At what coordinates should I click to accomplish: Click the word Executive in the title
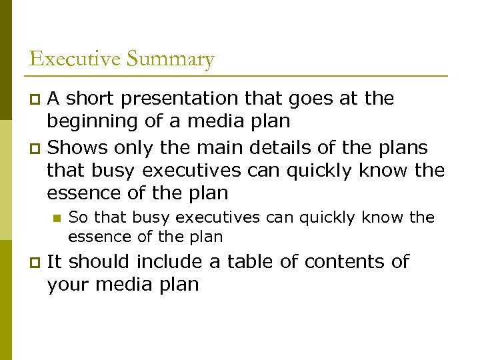click(75, 59)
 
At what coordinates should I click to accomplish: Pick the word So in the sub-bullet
click(77, 217)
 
